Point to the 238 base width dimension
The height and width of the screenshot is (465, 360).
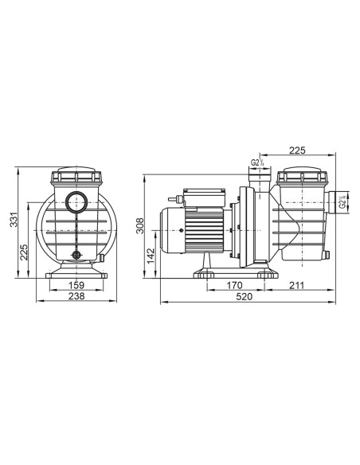point(76,296)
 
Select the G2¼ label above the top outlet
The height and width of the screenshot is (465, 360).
point(256,163)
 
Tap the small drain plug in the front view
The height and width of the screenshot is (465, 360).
point(77,255)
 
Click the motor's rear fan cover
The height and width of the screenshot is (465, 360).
point(170,230)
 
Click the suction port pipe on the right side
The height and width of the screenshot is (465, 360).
point(333,204)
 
